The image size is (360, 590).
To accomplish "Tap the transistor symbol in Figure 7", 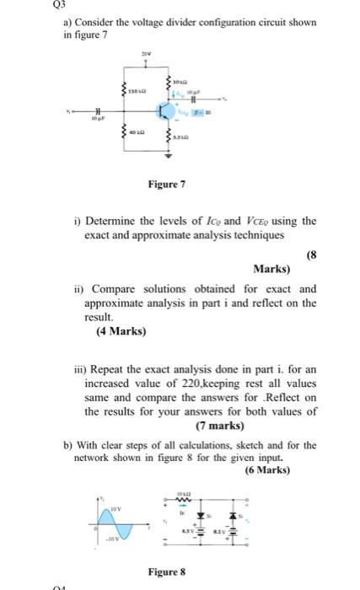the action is pos(163,110).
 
